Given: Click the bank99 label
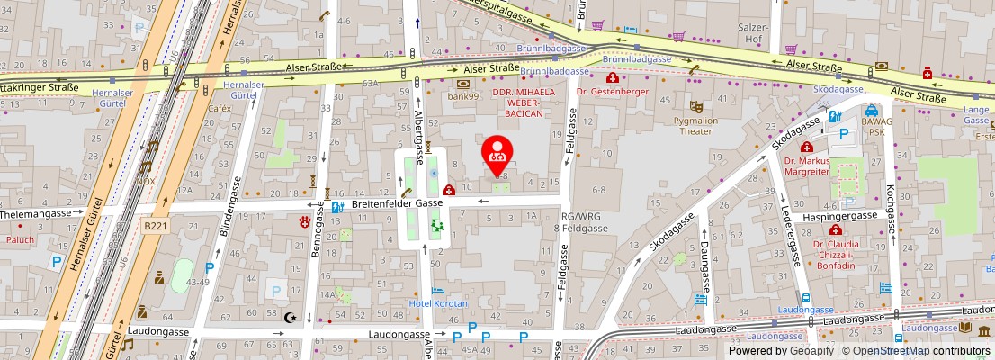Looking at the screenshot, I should pos(466,95).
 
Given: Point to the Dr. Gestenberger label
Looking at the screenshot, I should pos(613,92).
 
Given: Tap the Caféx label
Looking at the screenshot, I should pos(220,108).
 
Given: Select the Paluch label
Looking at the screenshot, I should pos(20,239).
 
